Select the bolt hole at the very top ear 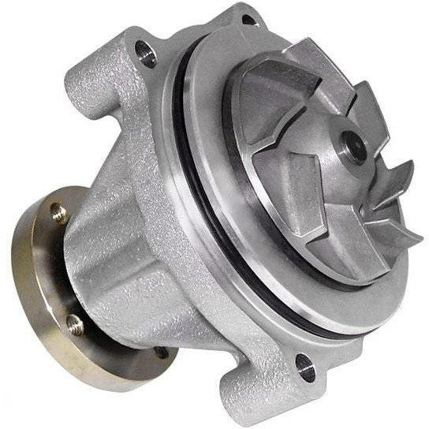(248, 21)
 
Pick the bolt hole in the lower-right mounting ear (303, 364)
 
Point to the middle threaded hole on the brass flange (74, 321)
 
